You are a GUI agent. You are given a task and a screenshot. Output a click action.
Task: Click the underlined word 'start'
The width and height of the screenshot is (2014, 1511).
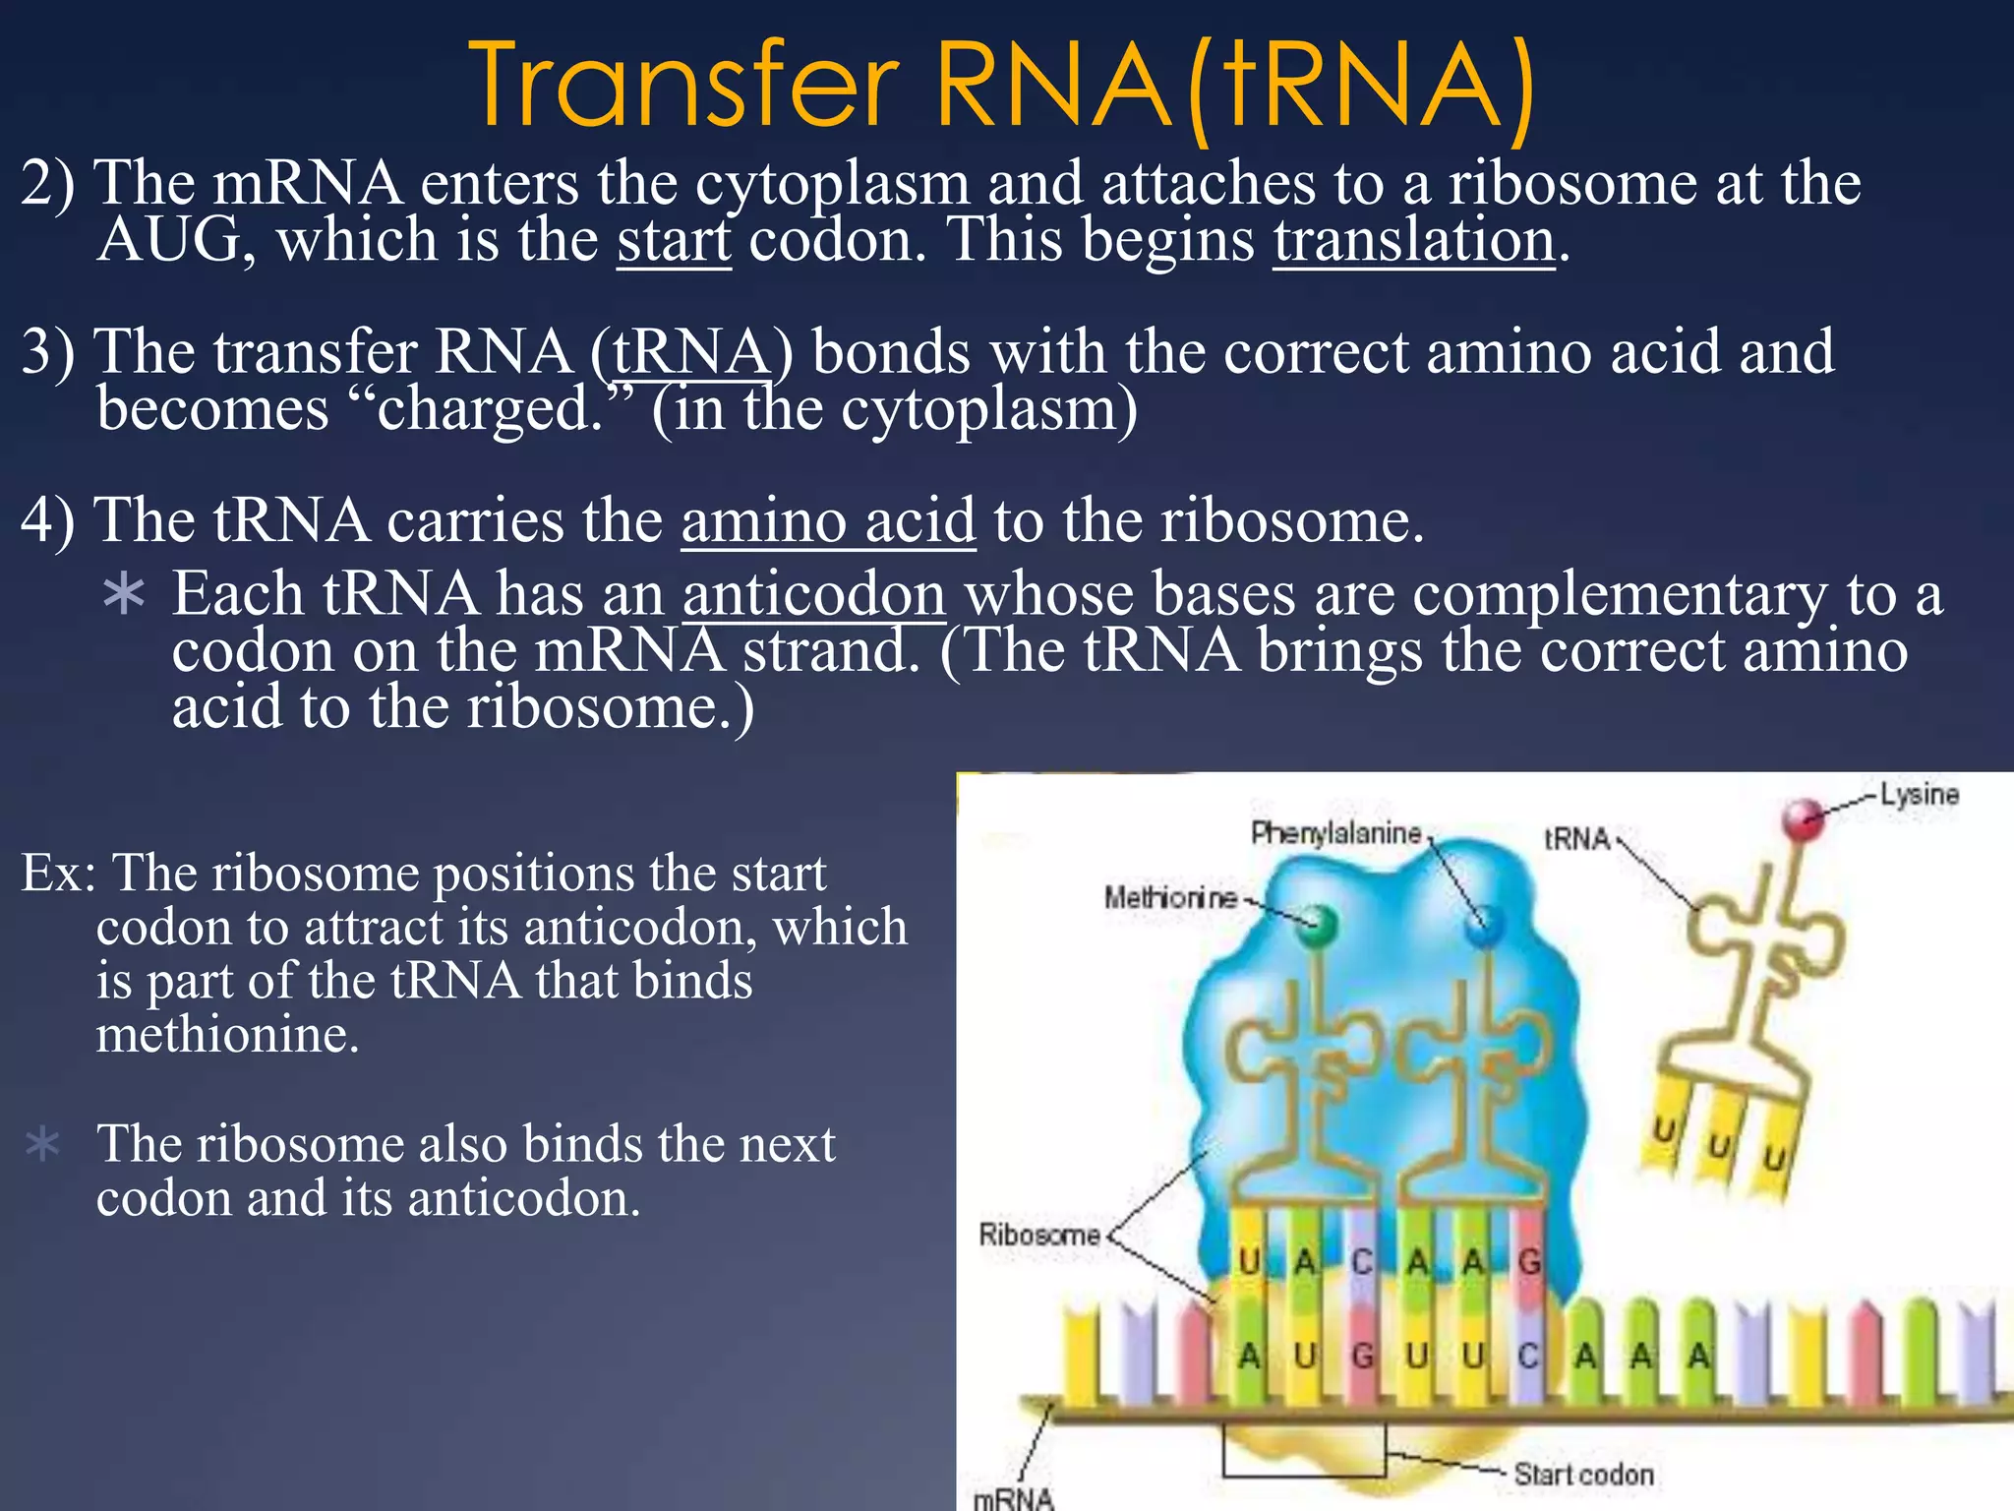coord(674,240)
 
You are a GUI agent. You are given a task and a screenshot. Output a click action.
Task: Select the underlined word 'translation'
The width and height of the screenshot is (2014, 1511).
coord(1414,240)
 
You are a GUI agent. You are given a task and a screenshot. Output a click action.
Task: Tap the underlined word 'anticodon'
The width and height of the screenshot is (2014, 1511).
coord(814,594)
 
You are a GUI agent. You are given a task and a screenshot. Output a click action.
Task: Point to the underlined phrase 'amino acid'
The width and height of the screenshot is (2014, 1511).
coord(828,520)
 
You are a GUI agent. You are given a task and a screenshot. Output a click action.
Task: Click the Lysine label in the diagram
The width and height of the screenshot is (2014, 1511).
coord(1919,795)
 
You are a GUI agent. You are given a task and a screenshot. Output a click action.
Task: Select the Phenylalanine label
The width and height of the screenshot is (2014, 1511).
coord(1335,834)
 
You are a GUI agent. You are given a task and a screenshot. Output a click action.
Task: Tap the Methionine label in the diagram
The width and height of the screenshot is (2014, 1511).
coord(1170,897)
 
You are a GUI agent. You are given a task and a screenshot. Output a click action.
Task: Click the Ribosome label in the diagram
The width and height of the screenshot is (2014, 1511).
coord(1038,1235)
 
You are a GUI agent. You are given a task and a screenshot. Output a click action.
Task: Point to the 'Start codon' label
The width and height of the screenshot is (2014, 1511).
coord(1583,1475)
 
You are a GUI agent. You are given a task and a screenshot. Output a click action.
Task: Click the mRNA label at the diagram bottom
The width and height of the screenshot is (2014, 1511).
coord(1013,1498)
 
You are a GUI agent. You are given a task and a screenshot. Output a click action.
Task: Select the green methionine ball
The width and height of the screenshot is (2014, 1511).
coord(1319,925)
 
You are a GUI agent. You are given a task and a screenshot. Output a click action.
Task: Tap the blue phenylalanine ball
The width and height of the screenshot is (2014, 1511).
coord(1485,925)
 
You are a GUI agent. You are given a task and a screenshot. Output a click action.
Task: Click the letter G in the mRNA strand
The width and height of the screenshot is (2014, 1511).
coord(1362,1357)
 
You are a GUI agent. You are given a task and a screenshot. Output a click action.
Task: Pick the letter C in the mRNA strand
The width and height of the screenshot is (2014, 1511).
coord(1527,1357)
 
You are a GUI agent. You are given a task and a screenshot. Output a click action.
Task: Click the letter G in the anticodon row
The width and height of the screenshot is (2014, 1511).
coord(1529,1261)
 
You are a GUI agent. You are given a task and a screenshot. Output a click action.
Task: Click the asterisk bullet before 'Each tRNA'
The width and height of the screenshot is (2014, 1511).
coord(124,596)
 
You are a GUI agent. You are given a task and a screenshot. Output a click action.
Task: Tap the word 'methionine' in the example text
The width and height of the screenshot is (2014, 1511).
coord(227,1035)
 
